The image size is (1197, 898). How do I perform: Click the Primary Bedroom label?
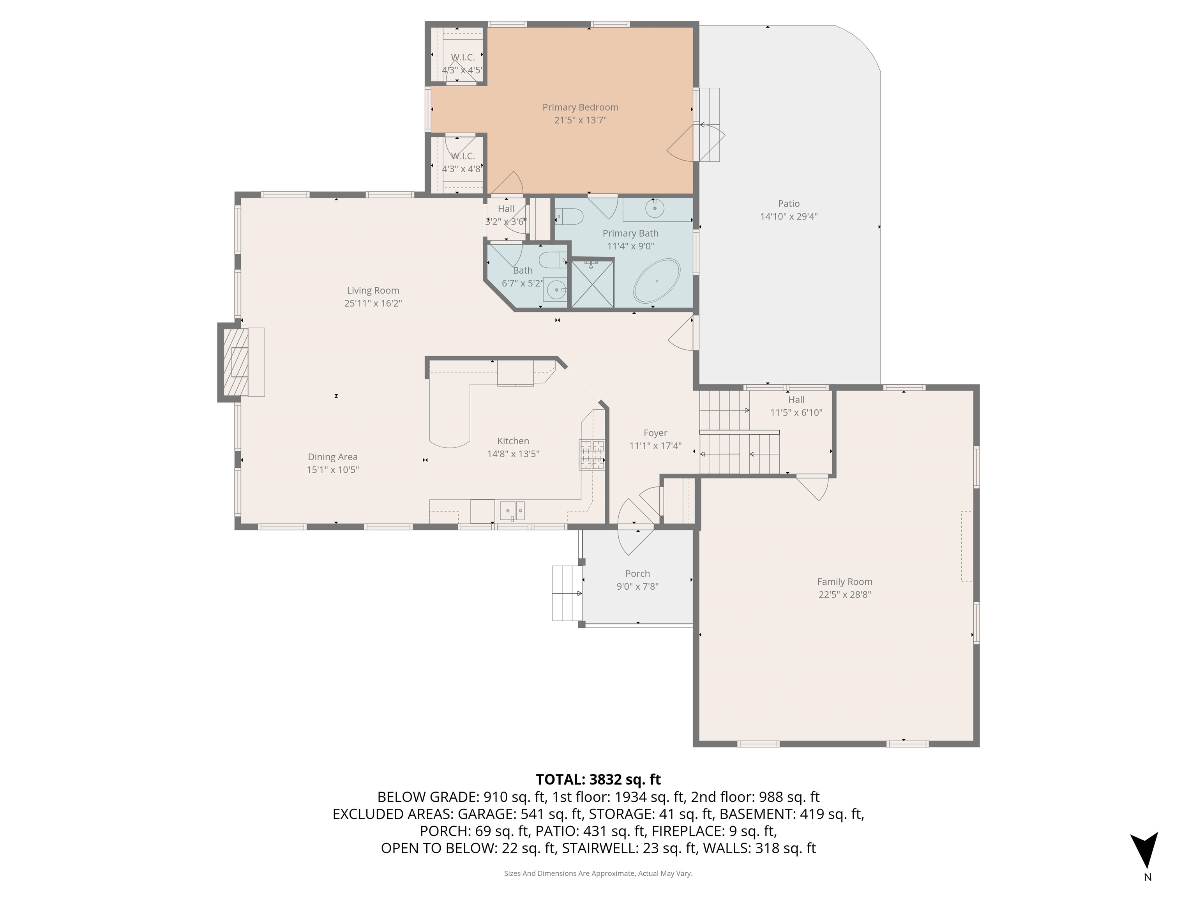point(580,107)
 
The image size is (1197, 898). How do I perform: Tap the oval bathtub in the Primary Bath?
point(657,281)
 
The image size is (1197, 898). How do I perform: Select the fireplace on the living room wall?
point(237,362)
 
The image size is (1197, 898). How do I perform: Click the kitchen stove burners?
point(591,454)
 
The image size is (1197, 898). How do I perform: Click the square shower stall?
point(593,284)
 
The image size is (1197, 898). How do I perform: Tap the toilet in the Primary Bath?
point(569,217)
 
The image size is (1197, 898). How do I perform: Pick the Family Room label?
point(844,582)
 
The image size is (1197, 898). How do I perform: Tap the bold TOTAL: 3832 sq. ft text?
point(598,780)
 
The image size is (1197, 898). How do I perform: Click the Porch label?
point(637,573)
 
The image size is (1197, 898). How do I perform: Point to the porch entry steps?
point(567,593)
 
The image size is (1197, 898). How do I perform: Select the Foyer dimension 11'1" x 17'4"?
point(655,446)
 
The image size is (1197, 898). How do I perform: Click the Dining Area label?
point(332,457)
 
